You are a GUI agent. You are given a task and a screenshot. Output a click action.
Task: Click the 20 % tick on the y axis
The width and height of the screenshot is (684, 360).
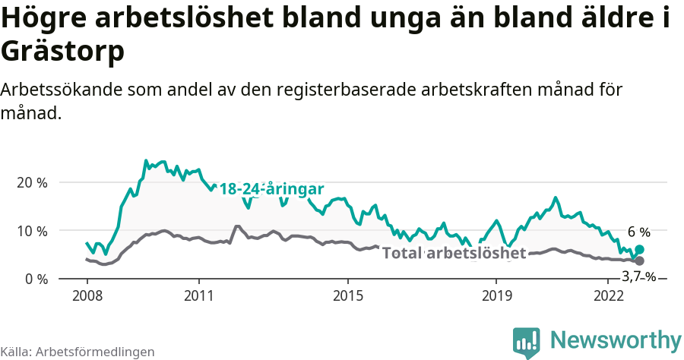point(31,182)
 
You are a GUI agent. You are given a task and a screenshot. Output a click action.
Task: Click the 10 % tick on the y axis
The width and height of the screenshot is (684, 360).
point(31,231)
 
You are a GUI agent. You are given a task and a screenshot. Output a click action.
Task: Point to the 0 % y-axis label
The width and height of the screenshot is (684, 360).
point(35,279)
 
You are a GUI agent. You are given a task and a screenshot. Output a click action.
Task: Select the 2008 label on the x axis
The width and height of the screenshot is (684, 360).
point(87,295)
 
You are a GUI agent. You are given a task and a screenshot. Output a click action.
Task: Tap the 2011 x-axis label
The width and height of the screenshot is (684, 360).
point(198,295)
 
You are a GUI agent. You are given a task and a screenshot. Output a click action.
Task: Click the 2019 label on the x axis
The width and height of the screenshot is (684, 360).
point(496,295)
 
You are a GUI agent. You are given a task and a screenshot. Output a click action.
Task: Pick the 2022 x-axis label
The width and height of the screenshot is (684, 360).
point(608,295)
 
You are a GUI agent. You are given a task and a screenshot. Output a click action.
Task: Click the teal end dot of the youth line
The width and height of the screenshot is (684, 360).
point(639,249)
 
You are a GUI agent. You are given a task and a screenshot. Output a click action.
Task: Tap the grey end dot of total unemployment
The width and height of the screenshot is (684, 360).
point(639,261)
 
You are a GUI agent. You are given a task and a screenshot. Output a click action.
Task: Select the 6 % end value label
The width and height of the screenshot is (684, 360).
point(638,232)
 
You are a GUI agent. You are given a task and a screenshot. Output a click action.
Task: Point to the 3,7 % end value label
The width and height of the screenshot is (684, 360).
point(638,276)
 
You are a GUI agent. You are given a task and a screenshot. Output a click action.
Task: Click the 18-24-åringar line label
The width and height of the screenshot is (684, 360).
point(271,189)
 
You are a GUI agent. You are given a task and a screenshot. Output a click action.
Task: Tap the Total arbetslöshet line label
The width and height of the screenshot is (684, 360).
point(454,253)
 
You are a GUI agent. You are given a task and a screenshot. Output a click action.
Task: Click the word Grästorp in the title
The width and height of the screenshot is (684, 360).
point(62,52)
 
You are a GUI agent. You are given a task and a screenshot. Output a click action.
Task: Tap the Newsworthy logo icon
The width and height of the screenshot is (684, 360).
point(527,342)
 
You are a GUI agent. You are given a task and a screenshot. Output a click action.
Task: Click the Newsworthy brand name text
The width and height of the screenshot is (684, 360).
point(615,339)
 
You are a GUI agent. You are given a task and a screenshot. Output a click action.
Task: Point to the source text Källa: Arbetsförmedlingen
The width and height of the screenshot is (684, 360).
point(78,352)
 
